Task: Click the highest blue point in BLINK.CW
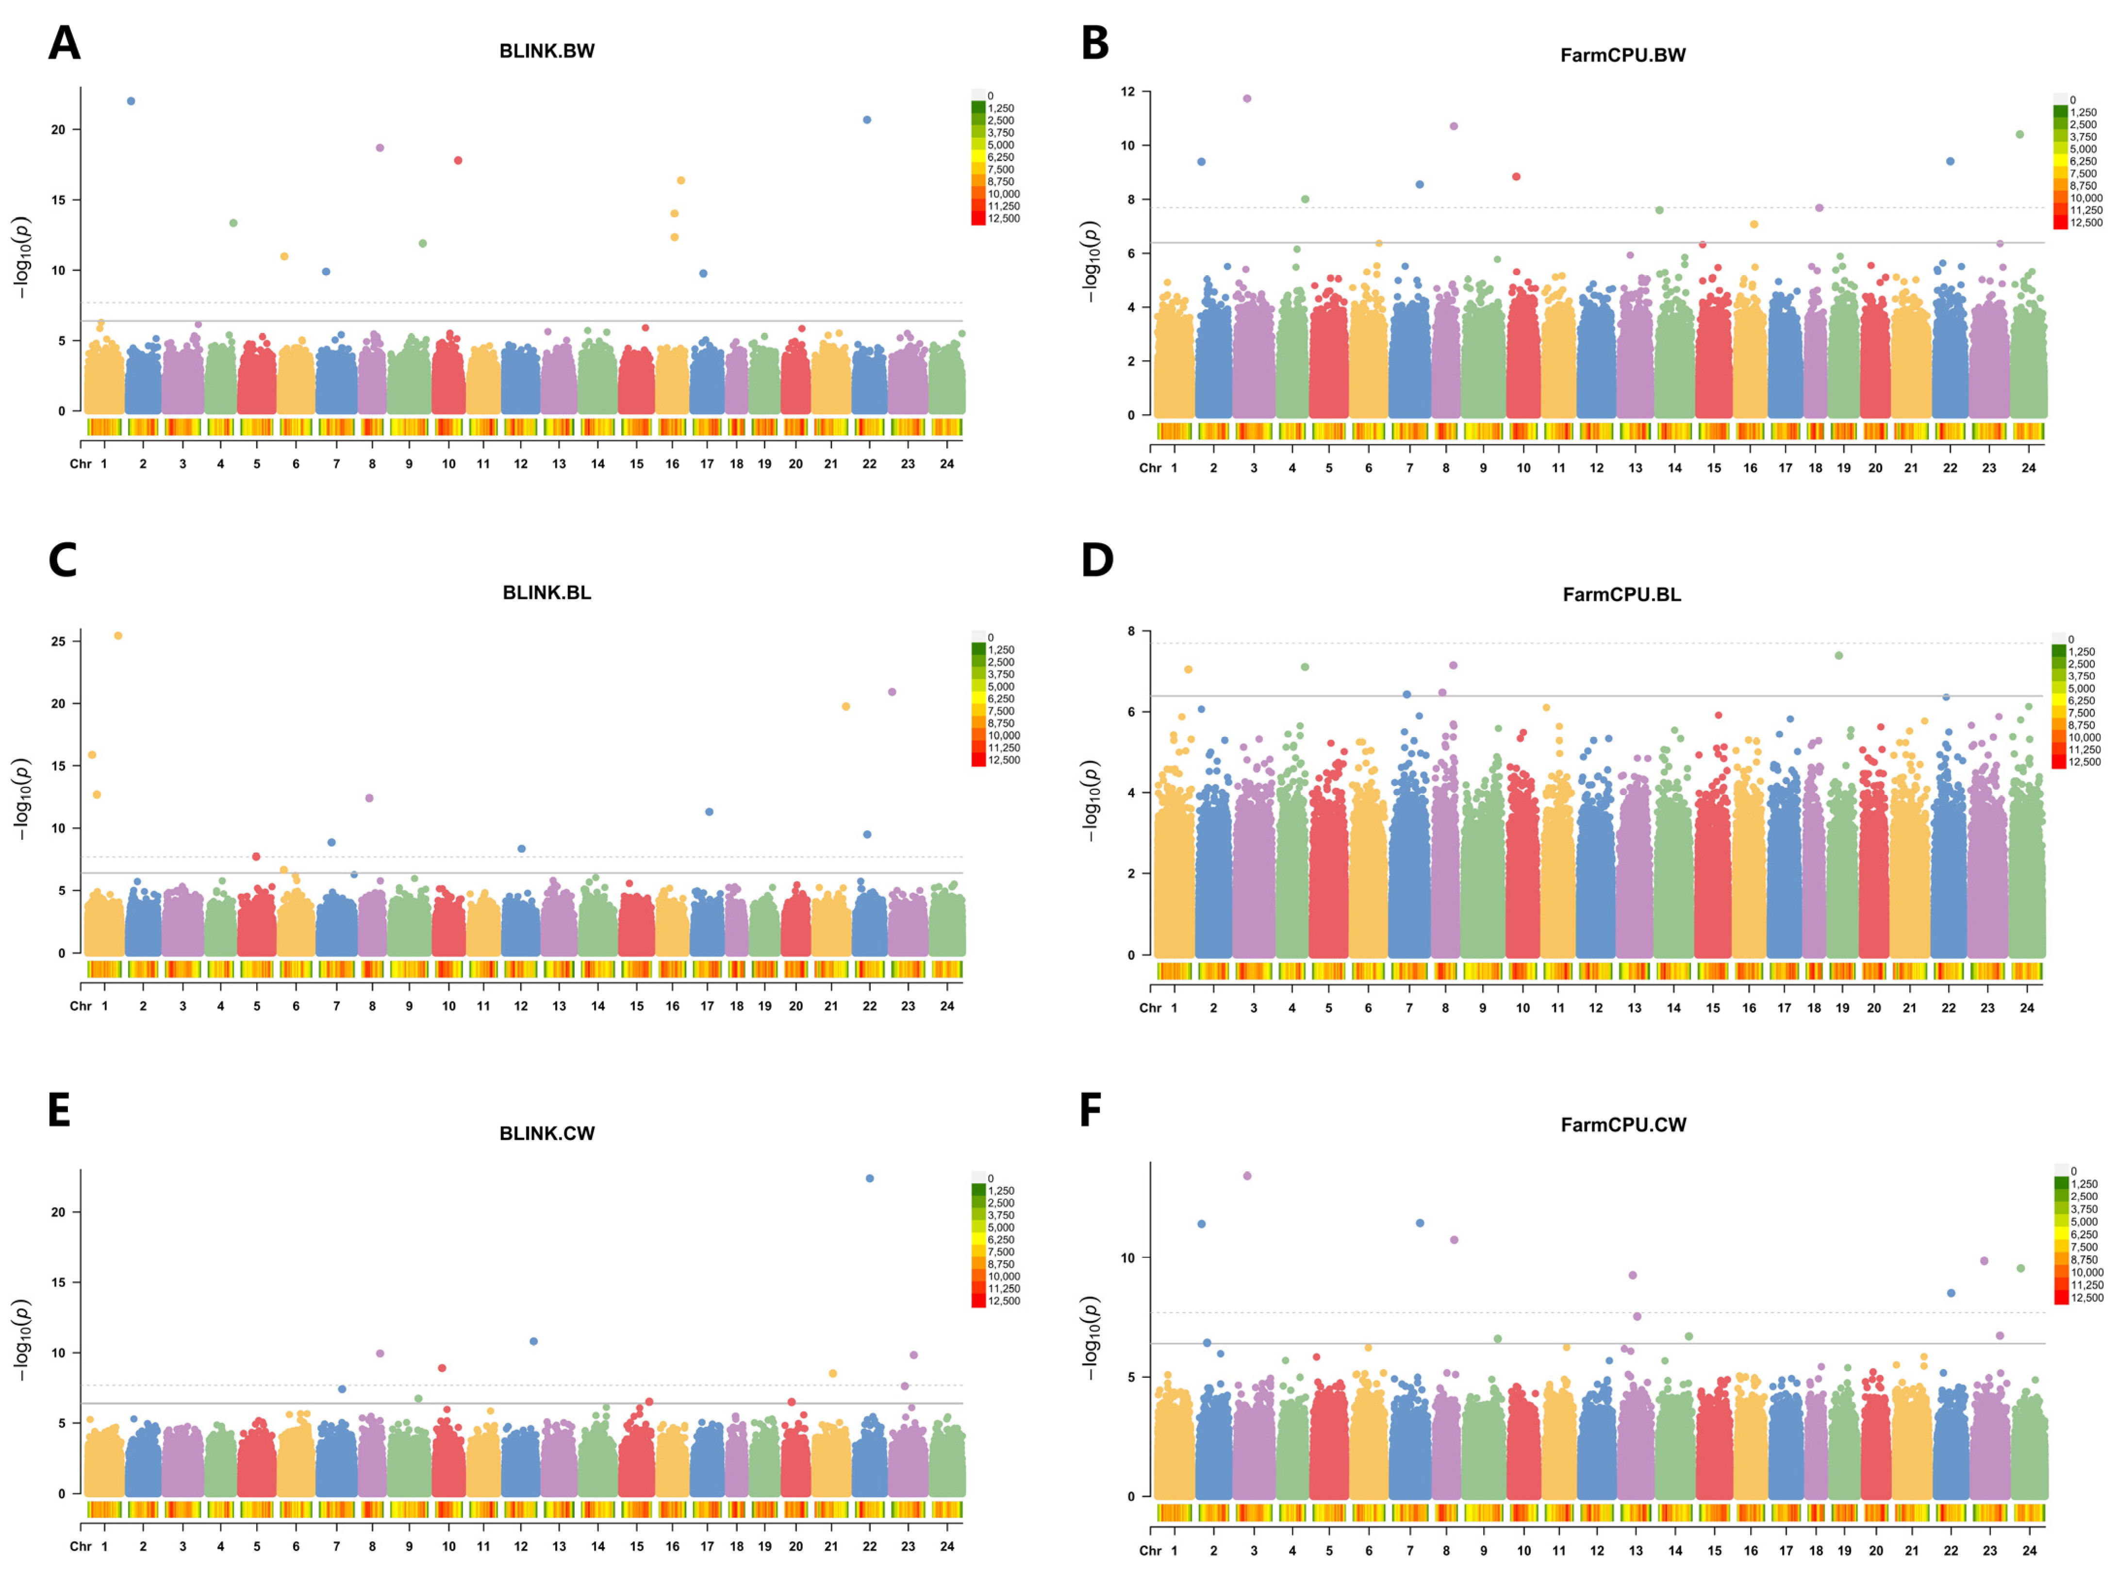tap(869, 1178)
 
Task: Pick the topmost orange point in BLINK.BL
tap(118, 636)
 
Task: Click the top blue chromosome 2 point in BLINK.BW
tap(131, 101)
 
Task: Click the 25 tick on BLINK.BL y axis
tap(59, 641)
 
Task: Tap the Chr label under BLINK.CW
tap(81, 1546)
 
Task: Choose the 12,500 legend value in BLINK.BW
tap(1003, 218)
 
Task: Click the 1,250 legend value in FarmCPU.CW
tap(2084, 1184)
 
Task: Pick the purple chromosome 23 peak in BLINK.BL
tap(891, 692)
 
